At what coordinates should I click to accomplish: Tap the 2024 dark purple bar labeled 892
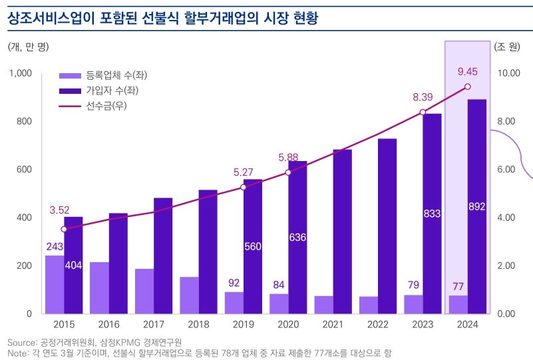click(476, 206)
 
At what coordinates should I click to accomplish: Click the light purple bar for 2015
click(55, 284)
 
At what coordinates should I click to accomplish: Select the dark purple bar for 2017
click(163, 256)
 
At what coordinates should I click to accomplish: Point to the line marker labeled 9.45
click(467, 87)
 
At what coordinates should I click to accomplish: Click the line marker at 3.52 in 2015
click(64, 229)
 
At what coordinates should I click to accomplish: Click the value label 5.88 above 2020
click(288, 158)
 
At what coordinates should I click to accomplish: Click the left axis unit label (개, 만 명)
click(28, 47)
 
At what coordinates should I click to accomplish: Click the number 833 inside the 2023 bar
click(432, 214)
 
